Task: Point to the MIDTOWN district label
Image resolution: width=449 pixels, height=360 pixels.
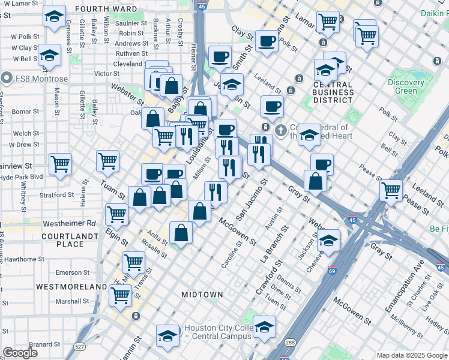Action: point(202,295)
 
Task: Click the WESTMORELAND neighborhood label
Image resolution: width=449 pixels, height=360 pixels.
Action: point(71,287)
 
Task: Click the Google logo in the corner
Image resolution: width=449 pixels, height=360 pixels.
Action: point(20,353)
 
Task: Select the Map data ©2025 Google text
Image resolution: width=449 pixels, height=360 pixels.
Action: point(411,355)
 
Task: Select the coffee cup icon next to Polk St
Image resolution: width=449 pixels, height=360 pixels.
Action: point(267,41)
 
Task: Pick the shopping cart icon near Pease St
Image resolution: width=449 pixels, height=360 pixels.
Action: point(391,190)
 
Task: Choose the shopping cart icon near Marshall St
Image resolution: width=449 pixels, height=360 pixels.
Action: point(121,294)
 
